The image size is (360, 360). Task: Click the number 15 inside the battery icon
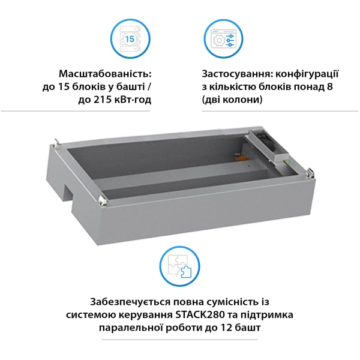coord(130,38)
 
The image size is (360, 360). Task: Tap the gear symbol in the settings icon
coord(219,41)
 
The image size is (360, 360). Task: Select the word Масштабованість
coord(105,74)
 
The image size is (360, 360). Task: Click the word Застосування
coord(237,74)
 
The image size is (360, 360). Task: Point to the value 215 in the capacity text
coord(103,100)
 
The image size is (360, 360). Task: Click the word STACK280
coord(200,314)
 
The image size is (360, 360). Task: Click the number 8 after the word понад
coord(329,87)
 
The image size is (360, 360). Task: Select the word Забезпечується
coord(130,302)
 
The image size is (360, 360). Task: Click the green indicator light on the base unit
coord(287,161)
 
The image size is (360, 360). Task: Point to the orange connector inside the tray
coord(241,158)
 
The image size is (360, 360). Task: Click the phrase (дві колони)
coord(232,100)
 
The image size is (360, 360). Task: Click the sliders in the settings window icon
coord(230,40)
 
